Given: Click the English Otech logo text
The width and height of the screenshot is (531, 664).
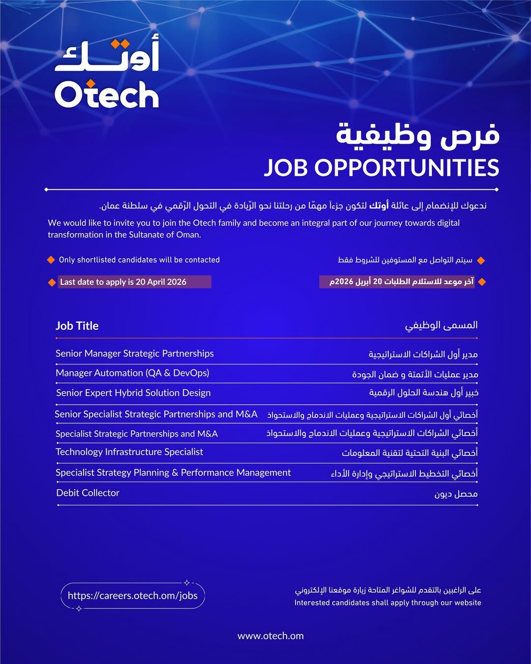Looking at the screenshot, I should (107, 94).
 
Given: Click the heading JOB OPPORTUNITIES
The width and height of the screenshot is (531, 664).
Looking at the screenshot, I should (382, 168).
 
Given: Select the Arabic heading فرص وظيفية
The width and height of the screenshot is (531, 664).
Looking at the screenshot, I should (417, 135).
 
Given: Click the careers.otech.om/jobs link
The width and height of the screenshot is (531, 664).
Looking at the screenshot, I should (133, 596).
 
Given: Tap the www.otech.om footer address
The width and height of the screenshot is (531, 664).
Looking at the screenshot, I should (270, 636).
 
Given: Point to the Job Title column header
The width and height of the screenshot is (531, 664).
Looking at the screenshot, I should (77, 326).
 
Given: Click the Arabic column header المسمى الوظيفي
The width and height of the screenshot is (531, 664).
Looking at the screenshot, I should (441, 326).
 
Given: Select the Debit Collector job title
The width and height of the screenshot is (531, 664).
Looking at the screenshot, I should (88, 493).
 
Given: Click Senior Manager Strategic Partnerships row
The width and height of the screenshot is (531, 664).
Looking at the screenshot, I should (135, 354).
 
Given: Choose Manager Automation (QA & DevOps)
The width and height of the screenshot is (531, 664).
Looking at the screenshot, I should (133, 373).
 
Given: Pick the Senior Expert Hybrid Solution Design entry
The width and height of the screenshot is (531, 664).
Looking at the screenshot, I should (133, 393).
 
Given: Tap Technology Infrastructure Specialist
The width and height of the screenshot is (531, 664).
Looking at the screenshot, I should (129, 452).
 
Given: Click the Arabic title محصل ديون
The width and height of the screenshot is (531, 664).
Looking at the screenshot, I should (456, 494).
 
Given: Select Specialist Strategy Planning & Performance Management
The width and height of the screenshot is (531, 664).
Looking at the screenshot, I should (173, 473).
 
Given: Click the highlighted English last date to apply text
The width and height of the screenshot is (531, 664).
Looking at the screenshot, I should (123, 282).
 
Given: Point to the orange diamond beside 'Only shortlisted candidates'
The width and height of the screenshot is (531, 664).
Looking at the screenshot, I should (51, 260).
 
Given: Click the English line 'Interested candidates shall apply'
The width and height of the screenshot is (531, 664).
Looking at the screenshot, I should (387, 603).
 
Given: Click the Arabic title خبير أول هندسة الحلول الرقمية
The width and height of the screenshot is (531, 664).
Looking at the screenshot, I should (423, 393).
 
